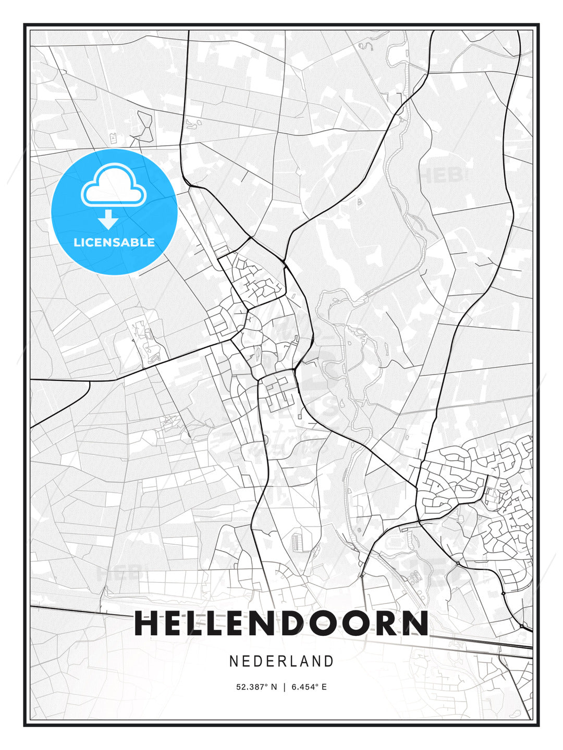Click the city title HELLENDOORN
pos(281,623)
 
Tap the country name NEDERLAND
pos(281,661)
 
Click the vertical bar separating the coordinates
pos(284,687)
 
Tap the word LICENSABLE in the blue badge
pos(114,242)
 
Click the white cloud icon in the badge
pos(113,186)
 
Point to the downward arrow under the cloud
pos(108,219)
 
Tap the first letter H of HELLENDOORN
pos(147,623)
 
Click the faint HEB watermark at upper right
pos(440,175)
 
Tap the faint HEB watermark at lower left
pos(119,573)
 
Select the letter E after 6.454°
pos(324,687)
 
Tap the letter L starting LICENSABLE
pos(77,242)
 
